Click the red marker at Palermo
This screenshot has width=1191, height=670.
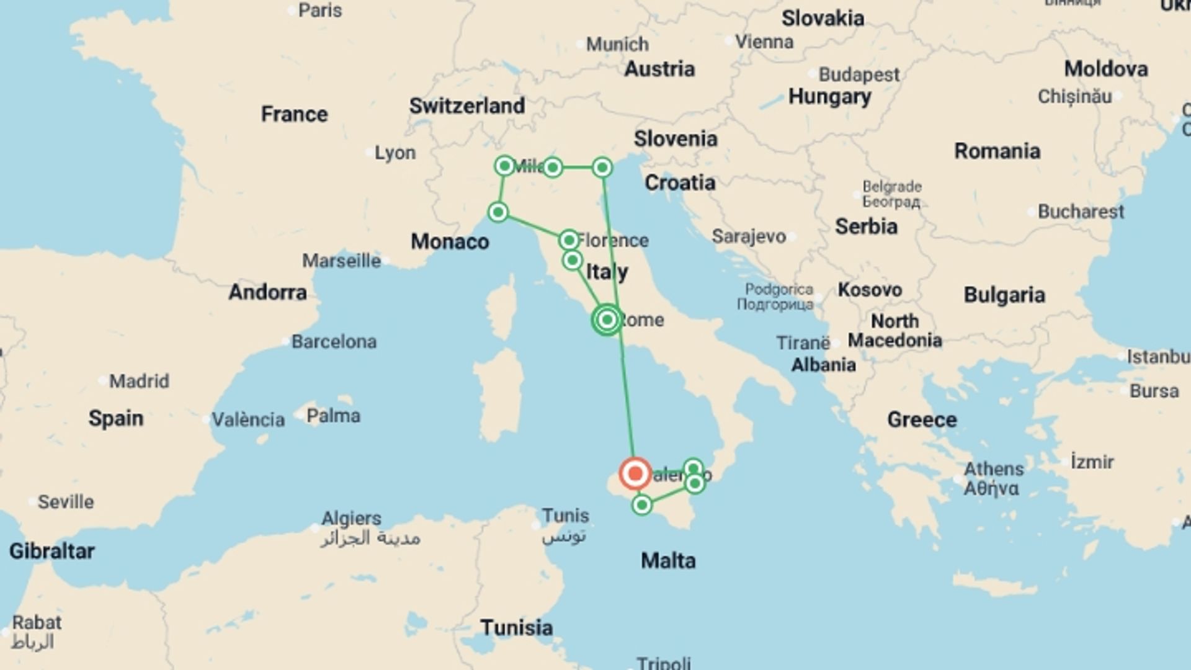(635, 474)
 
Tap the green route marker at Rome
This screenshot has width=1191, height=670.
(607, 320)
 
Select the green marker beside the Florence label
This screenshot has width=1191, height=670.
(569, 240)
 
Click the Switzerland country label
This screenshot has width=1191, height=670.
(466, 106)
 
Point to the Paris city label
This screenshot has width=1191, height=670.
(319, 11)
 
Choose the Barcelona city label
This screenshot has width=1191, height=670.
(334, 342)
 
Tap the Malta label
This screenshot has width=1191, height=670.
(668, 561)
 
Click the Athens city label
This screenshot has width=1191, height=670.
(994, 469)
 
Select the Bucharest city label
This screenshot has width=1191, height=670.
(1081, 212)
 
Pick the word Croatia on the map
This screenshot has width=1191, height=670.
(680, 182)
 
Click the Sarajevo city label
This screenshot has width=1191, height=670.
(749, 236)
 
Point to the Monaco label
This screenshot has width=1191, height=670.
(450, 241)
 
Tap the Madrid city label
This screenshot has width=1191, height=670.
(139, 381)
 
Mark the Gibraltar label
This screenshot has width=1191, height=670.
(52, 551)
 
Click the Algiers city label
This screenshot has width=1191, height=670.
(351, 518)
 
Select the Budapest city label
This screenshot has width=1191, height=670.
(859, 75)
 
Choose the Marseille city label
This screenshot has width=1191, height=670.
(341, 261)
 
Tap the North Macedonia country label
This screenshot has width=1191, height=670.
(894, 331)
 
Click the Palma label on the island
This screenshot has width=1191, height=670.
(333, 416)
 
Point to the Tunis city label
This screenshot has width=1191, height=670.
(565, 516)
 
